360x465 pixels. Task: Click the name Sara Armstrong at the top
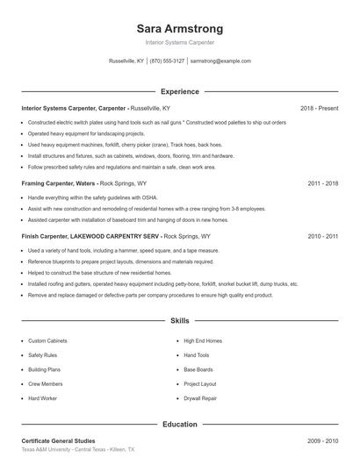click(x=180, y=28)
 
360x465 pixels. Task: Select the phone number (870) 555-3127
click(x=167, y=61)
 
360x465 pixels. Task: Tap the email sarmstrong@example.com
click(x=220, y=61)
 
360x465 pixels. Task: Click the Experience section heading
click(x=180, y=91)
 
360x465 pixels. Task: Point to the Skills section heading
click(x=180, y=322)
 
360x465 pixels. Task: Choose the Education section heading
click(x=180, y=425)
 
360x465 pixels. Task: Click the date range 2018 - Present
click(x=319, y=108)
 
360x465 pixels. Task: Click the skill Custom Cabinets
click(x=48, y=340)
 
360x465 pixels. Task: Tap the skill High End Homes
click(x=202, y=340)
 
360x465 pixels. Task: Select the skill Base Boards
click(x=198, y=369)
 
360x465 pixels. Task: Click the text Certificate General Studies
click(x=58, y=440)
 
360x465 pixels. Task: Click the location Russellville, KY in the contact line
click(x=126, y=61)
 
